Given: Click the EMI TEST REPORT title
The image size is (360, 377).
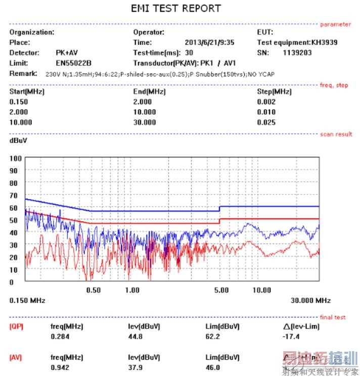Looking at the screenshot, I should tap(176, 9).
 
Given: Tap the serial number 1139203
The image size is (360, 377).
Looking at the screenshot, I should tap(297, 53).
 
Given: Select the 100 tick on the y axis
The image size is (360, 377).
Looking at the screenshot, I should tap(15, 158).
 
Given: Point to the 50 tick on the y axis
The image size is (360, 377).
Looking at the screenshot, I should tap(14, 220).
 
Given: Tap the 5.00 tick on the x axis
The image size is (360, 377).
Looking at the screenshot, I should tap(221, 290).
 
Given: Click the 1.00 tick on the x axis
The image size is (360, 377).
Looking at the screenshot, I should tap(132, 290).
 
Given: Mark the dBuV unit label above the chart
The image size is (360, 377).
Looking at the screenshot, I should tap(19, 140).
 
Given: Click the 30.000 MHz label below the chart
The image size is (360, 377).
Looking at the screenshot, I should tap(310, 300).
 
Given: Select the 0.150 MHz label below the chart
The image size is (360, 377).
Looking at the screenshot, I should tap(27, 300).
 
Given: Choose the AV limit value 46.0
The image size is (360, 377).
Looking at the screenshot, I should tap(212, 367).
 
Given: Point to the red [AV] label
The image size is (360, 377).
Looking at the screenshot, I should tap(16, 358).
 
